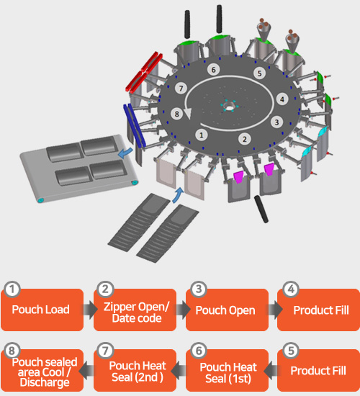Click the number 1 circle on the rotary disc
202,135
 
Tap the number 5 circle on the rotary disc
259,73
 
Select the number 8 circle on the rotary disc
177,114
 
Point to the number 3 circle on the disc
277,122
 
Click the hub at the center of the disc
229,105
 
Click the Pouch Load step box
42,310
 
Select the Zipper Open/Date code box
135,310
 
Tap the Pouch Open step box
227,310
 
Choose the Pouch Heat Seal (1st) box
227,371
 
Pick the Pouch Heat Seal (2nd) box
135,371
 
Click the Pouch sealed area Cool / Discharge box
42,371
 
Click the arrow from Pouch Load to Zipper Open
90,310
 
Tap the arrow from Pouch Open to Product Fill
275,310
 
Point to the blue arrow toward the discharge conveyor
126,153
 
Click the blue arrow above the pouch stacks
178,195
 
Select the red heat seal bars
144,71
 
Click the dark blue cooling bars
135,125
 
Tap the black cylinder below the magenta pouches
261,209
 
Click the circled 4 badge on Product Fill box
291,289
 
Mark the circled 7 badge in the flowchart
105,351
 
